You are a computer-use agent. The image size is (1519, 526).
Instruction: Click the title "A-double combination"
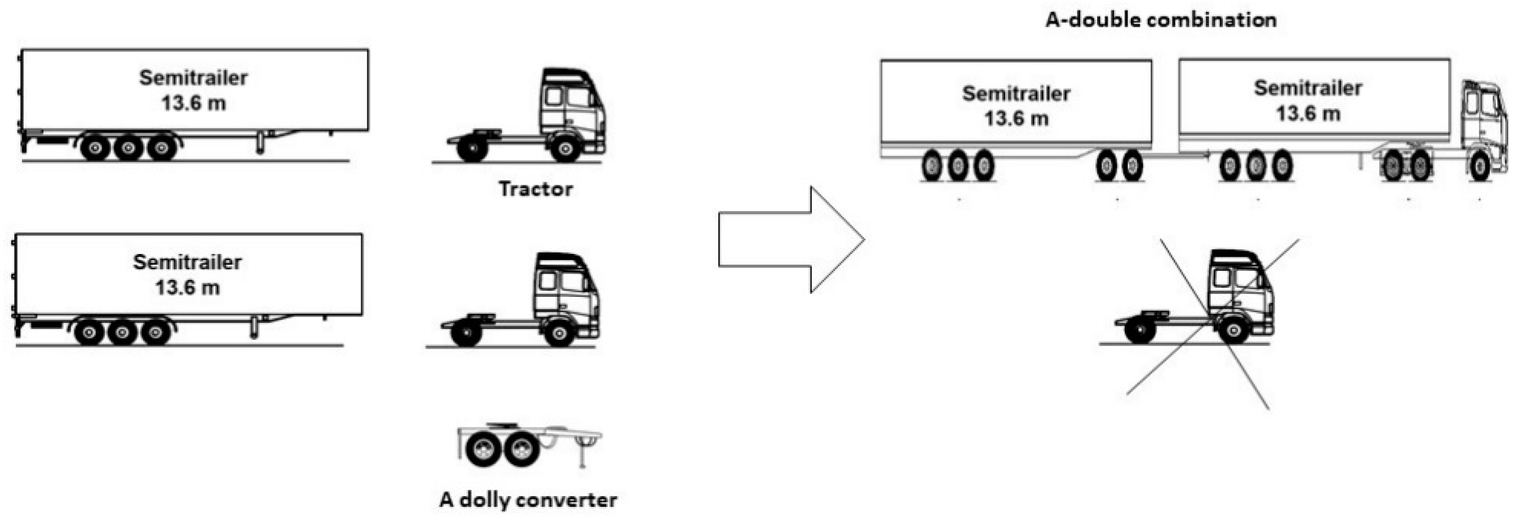1161,20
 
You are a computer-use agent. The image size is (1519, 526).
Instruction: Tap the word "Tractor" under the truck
535,189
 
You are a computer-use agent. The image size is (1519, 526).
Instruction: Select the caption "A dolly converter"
528,500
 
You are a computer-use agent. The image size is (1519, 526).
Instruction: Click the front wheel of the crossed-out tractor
1233,331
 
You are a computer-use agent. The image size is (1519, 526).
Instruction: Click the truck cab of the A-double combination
1482,118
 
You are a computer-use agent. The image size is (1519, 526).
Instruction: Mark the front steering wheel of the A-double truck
1480,166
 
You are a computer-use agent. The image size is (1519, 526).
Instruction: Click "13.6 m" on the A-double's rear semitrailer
1016,119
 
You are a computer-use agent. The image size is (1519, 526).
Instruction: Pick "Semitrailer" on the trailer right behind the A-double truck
1307,88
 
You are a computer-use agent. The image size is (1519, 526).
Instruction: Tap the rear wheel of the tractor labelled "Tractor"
472,148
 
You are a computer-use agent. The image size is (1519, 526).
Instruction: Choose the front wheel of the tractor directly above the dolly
558,333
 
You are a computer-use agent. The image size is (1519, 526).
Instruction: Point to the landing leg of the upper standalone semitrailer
260,143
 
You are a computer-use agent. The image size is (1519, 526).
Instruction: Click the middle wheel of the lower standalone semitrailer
122,332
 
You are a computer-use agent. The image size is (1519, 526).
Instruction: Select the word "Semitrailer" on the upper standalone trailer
193,77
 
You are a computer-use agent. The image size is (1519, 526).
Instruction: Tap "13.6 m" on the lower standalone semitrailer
188,287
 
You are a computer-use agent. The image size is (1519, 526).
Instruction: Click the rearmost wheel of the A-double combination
932,166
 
